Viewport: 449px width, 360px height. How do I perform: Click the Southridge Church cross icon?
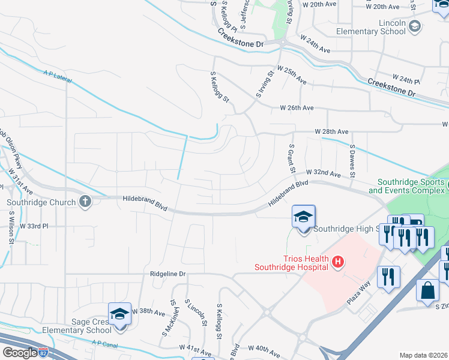click(85, 202)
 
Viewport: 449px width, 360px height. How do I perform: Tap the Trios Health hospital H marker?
click(339, 262)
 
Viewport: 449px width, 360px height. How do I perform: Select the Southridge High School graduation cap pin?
click(304, 217)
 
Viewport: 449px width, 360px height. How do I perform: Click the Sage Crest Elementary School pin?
click(119, 314)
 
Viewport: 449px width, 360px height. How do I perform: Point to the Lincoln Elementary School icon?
click(414, 26)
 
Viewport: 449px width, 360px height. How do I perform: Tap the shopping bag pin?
click(427, 290)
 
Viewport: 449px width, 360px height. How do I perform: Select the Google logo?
click(19, 352)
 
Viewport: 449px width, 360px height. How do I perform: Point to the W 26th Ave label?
click(297, 108)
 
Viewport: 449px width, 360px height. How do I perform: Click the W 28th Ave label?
click(332, 131)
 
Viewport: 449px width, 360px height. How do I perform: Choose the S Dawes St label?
click(352, 160)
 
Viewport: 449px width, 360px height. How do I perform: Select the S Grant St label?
click(291, 158)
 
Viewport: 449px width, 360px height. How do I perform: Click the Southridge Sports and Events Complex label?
click(408, 186)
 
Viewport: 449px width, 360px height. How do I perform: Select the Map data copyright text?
click(424, 355)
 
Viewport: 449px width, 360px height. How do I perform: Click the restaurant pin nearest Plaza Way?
click(388, 277)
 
